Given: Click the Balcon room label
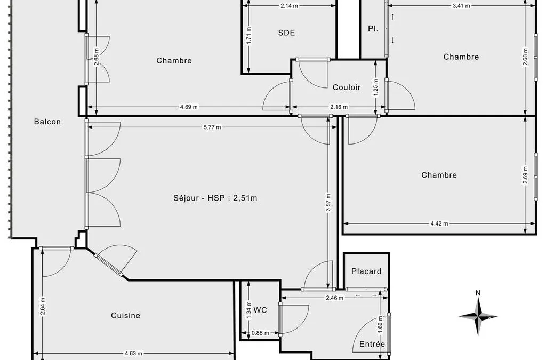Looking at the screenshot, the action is pyautogui.click(x=47, y=122).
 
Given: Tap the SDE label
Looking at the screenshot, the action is pyautogui.click(x=286, y=33).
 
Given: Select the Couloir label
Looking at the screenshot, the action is pyautogui.click(x=347, y=87).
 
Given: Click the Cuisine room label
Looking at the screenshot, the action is pyautogui.click(x=126, y=315).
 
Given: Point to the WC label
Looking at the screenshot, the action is pyautogui.click(x=260, y=310).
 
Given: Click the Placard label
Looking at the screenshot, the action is pyautogui.click(x=366, y=271).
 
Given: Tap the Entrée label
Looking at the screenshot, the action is pyautogui.click(x=372, y=345).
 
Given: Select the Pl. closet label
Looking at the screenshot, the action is pyautogui.click(x=373, y=29).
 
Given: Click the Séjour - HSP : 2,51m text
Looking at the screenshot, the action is pyautogui.click(x=215, y=198).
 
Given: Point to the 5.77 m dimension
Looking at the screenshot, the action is pyautogui.click(x=212, y=127).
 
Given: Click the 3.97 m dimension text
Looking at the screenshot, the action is pyautogui.click(x=328, y=202).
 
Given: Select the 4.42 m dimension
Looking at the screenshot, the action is pyautogui.click(x=439, y=223).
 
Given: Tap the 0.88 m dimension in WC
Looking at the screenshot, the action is pyautogui.click(x=260, y=333).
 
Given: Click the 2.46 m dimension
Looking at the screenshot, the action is pyautogui.click(x=334, y=298).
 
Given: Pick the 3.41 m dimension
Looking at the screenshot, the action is pyautogui.click(x=461, y=6).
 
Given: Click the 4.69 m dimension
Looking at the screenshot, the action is pyautogui.click(x=189, y=107).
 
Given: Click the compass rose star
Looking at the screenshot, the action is pyautogui.click(x=478, y=316).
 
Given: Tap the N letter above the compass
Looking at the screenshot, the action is pyautogui.click(x=478, y=293).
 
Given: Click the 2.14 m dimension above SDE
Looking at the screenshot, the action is pyautogui.click(x=289, y=6).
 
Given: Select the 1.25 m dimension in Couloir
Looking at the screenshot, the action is pyautogui.click(x=376, y=88).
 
